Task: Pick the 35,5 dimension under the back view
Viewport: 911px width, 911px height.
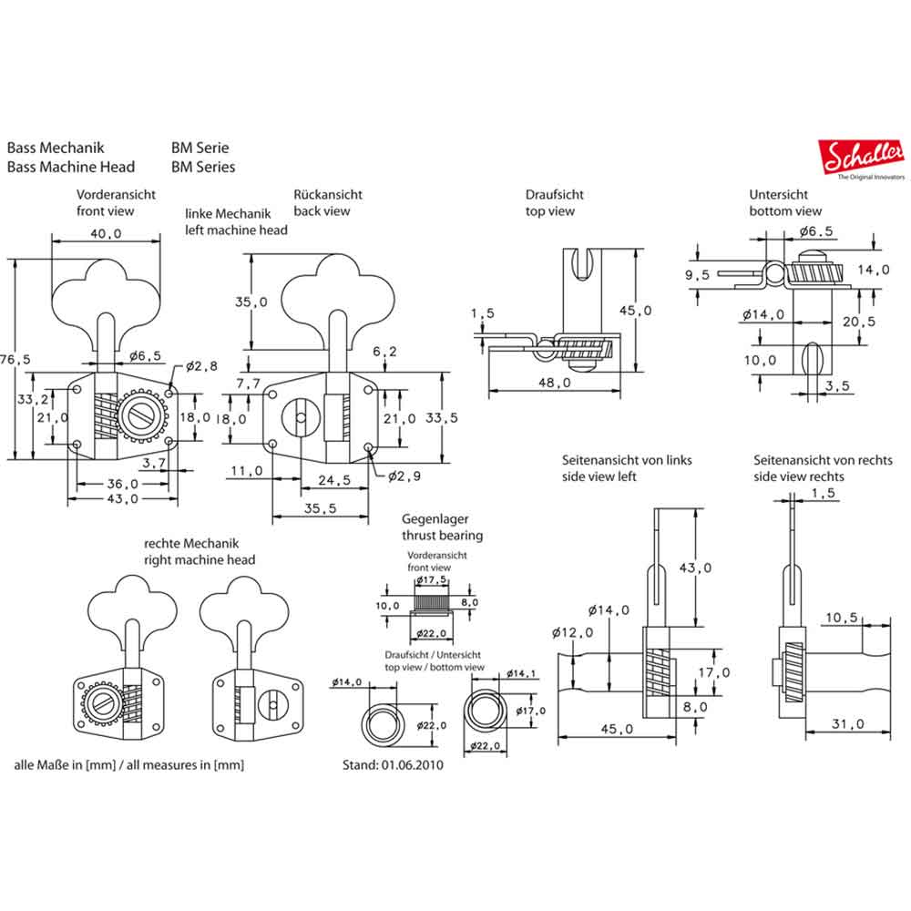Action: click(322, 509)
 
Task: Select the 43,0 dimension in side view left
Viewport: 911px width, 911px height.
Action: click(694, 568)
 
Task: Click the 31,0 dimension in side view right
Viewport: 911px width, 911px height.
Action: click(847, 724)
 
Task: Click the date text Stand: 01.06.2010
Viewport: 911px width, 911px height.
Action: click(393, 765)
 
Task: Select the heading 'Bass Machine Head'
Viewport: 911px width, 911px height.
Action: click(71, 167)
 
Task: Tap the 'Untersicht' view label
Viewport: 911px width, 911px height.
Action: click(779, 195)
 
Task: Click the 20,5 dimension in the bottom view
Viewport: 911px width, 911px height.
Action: click(858, 322)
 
